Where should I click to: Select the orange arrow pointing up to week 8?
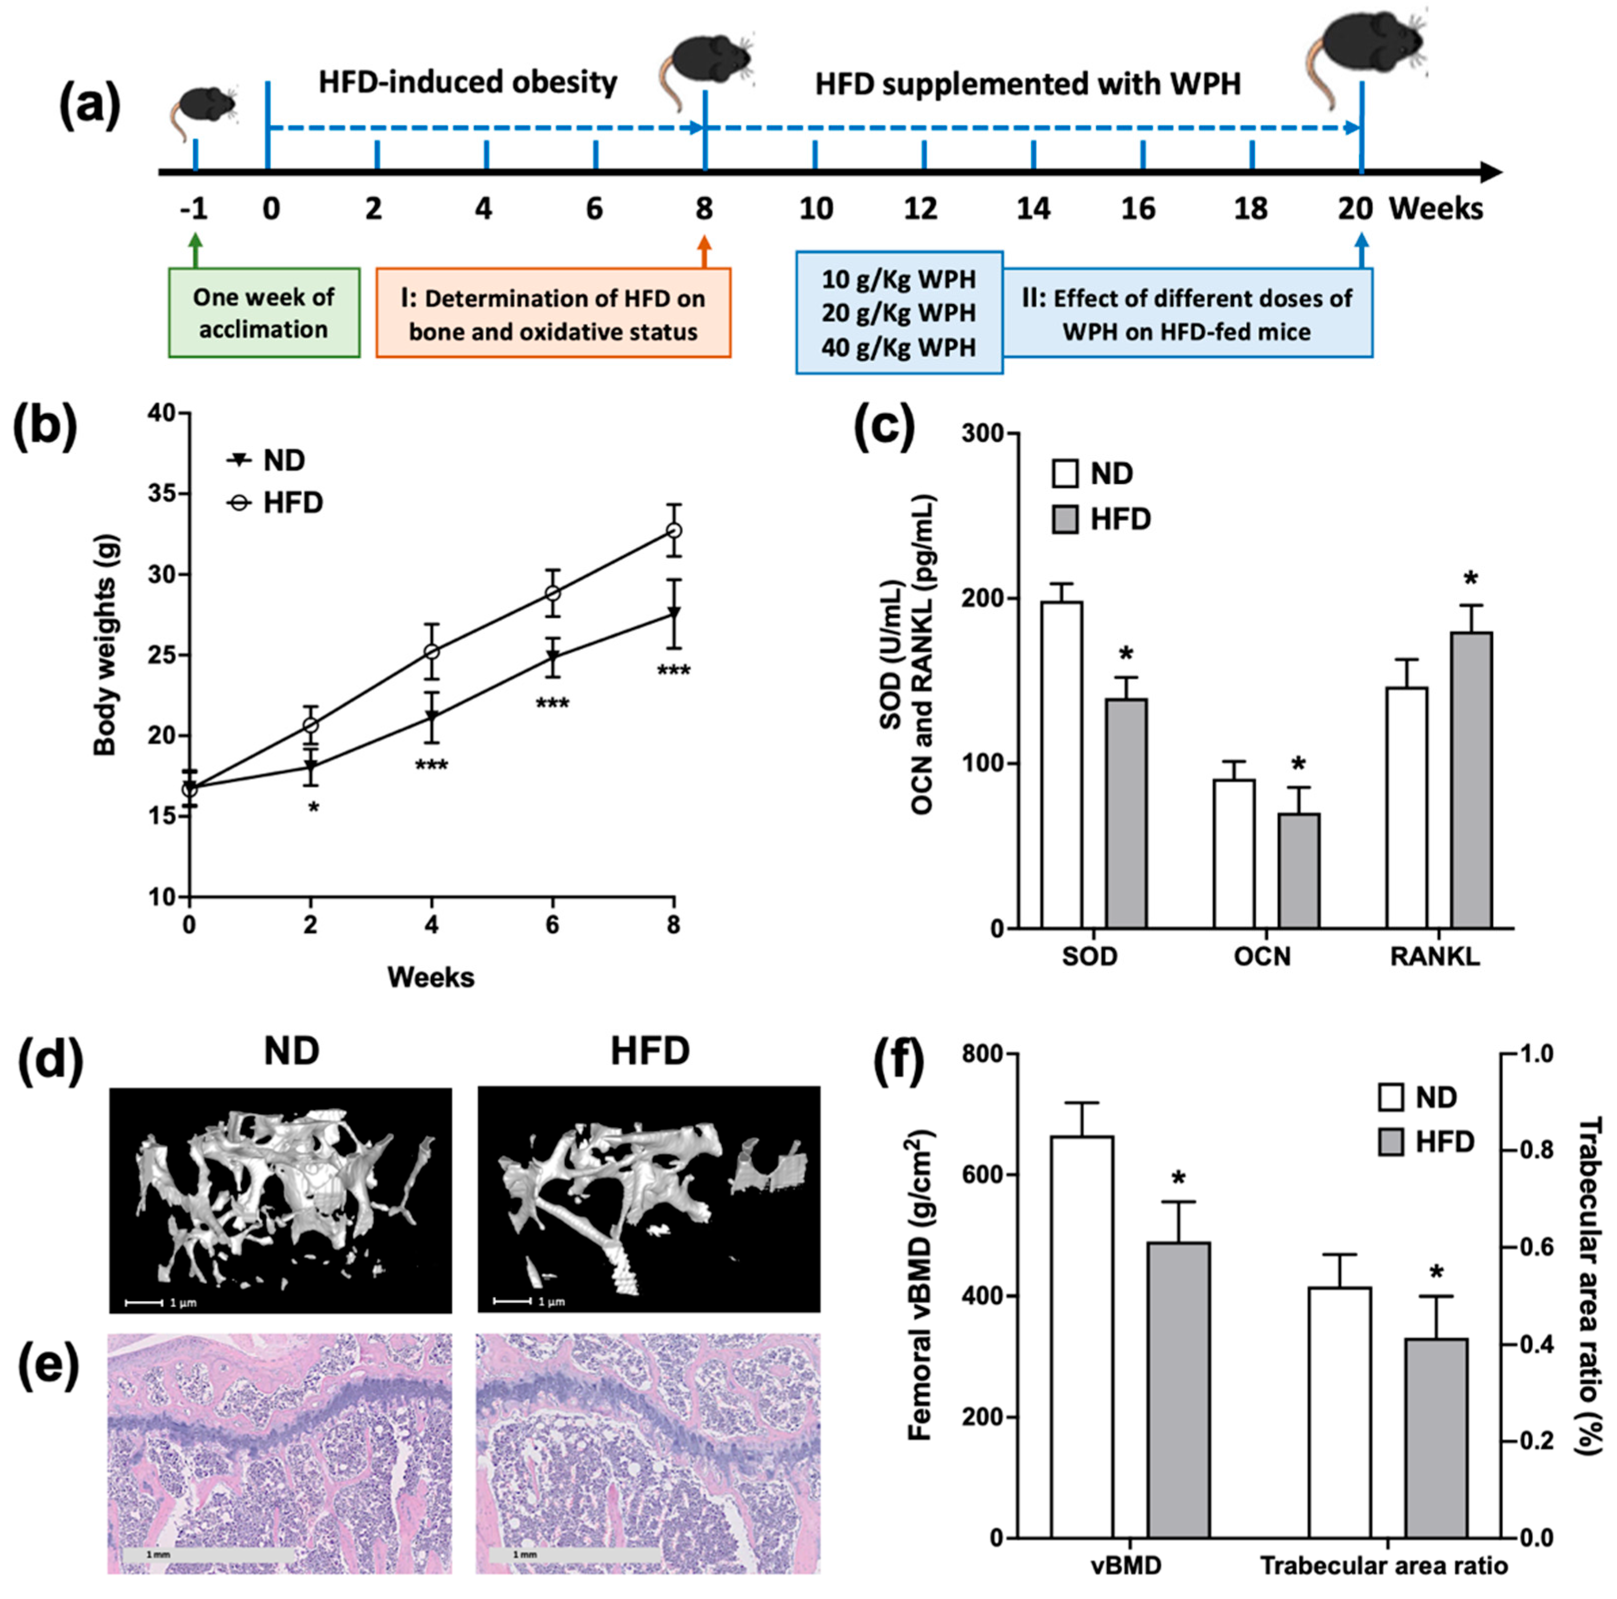point(704,251)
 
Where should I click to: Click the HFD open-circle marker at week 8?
point(674,530)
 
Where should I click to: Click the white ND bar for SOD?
point(1061,764)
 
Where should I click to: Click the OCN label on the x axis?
point(1262,956)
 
